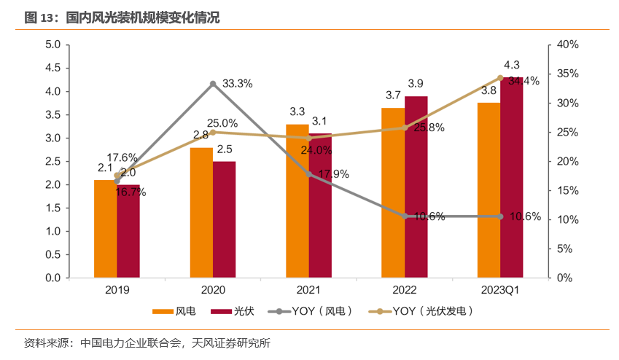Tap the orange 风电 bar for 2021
(x=297, y=201)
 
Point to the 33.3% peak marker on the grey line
(x=213, y=84)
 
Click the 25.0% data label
(x=222, y=123)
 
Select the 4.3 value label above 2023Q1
(x=512, y=65)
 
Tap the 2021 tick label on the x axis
(x=308, y=290)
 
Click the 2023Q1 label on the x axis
(x=500, y=290)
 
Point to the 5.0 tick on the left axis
(x=52, y=44)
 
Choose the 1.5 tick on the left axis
(x=52, y=208)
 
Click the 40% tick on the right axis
(x=567, y=44)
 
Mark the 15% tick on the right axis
(x=567, y=190)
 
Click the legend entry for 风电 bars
(x=174, y=311)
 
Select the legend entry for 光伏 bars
(x=232, y=311)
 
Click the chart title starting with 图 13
(x=122, y=17)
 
